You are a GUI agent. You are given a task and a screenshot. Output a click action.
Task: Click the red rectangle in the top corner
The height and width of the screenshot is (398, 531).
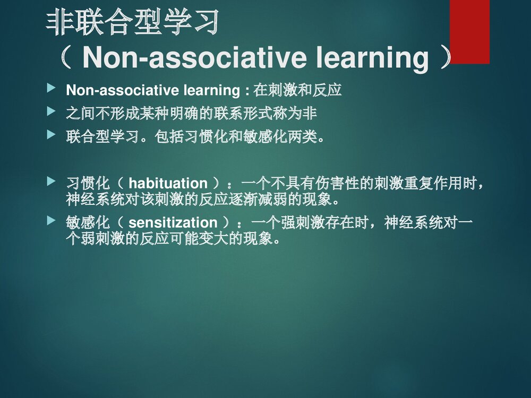click(469, 32)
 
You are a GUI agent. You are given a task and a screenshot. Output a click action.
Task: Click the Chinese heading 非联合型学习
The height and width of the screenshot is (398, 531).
click(133, 23)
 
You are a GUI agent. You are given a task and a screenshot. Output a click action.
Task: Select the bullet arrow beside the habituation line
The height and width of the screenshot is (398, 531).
click(51, 181)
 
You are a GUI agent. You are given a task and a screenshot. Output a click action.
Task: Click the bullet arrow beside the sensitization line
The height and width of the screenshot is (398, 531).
click(51, 220)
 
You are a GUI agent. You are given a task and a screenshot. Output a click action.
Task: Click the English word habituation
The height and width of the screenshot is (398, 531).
click(168, 184)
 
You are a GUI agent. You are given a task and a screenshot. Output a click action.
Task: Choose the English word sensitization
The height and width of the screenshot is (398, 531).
click(173, 222)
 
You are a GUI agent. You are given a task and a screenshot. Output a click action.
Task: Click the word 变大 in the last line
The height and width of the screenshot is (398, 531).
click(200, 239)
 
